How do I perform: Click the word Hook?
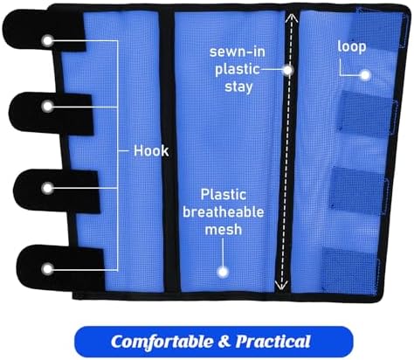click(151, 151)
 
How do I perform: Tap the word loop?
click(352, 47)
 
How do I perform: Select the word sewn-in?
click(238, 52)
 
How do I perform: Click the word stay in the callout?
click(238, 87)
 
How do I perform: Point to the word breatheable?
click(224, 211)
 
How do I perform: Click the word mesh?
click(224, 230)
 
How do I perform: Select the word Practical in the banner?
click(273, 342)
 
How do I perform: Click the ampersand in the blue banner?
click(224, 342)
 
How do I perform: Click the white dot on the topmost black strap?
click(47, 41)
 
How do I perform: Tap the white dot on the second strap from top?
click(47, 107)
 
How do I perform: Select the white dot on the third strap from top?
click(47, 189)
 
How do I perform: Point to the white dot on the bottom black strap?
click(47, 269)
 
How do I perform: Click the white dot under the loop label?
click(365, 75)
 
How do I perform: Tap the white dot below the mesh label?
click(223, 272)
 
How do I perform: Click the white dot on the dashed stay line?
click(288, 70)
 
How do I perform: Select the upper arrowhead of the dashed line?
click(292, 17)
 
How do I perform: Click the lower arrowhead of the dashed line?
click(281, 286)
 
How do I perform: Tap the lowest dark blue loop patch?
click(349, 269)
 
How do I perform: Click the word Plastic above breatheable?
click(224, 195)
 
